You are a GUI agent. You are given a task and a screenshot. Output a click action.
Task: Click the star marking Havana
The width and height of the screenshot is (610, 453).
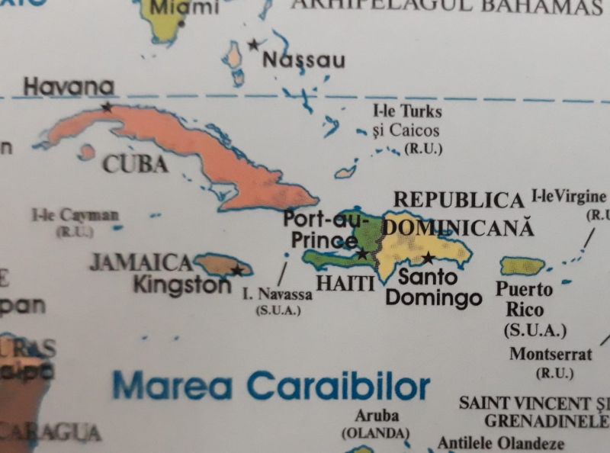(x=107, y=108)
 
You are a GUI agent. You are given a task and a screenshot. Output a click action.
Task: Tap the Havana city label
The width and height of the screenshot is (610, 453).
(x=69, y=88)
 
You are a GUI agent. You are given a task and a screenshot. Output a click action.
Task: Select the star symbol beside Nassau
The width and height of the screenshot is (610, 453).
(x=253, y=45)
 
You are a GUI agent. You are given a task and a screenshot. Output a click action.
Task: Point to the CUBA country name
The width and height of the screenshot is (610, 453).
(x=135, y=164)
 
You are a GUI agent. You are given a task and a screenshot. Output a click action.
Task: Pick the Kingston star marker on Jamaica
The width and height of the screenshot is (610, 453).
(x=237, y=270)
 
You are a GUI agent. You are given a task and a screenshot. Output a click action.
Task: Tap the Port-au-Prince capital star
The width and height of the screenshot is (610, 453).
(x=362, y=254)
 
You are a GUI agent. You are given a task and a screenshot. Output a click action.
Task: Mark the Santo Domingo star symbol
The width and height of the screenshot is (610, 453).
(x=428, y=258)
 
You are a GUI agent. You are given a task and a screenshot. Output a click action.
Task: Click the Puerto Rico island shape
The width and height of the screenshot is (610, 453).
(x=522, y=265)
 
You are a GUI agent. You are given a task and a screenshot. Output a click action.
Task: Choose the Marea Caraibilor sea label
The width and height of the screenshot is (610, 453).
(x=271, y=386)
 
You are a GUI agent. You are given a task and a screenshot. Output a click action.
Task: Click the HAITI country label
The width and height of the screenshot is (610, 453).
(x=345, y=284)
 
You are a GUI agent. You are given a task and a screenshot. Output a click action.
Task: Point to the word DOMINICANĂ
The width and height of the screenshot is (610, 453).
(x=457, y=227)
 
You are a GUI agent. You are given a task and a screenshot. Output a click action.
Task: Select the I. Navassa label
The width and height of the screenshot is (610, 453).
(x=278, y=294)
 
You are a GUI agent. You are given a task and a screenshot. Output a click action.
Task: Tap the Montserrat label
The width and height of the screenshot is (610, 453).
(x=551, y=355)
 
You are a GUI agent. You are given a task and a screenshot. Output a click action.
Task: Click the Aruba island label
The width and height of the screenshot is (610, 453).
(x=377, y=416)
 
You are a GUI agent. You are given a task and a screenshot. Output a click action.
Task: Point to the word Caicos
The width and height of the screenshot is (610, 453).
(x=415, y=130)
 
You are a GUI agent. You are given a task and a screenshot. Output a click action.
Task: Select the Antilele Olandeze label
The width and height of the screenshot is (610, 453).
(x=501, y=443)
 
